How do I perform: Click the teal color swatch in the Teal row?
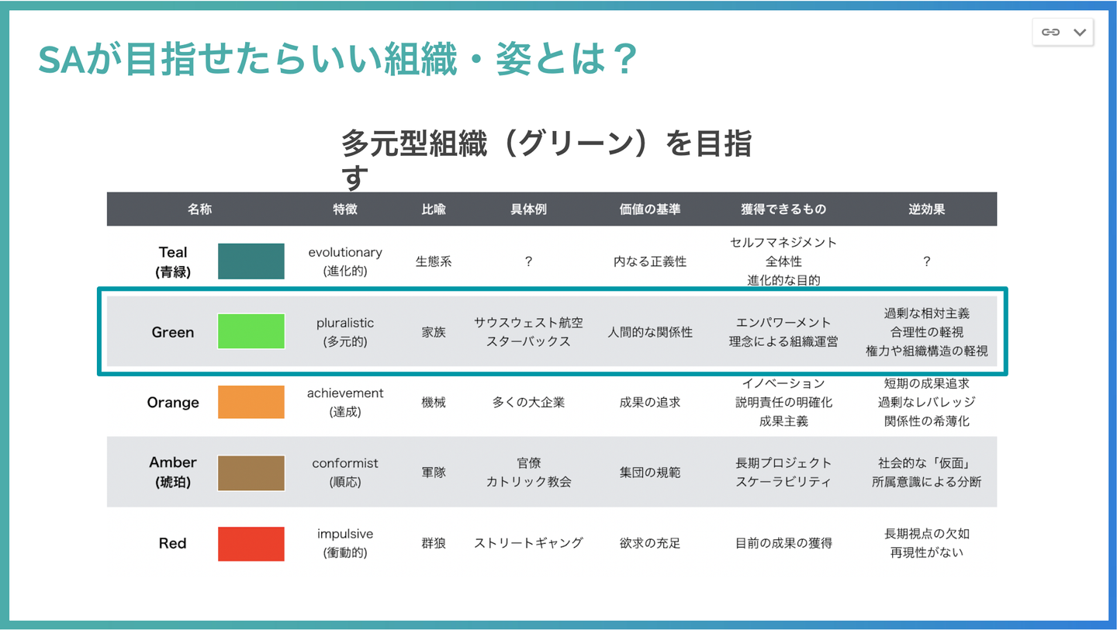point(251,261)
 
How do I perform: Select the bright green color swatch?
point(251,331)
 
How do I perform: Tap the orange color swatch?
point(251,402)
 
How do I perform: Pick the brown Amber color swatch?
point(251,472)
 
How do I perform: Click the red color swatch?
point(251,544)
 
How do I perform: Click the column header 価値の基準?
point(650,209)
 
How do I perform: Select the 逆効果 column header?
point(926,209)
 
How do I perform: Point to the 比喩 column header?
point(434,209)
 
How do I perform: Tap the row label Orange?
point(173,402)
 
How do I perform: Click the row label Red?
point(172,542)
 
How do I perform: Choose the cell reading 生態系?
point(434,261)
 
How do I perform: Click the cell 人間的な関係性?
point(650,332)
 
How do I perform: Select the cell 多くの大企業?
point(528,402)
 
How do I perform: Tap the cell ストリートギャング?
point(528,542)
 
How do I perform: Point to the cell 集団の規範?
point(650,472)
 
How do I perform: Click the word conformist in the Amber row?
point(345,463)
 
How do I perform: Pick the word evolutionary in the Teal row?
point(345,252)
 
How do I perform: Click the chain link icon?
point(1050,32)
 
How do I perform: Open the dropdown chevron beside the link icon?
point(1080,33)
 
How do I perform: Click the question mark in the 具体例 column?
point(528,261)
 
